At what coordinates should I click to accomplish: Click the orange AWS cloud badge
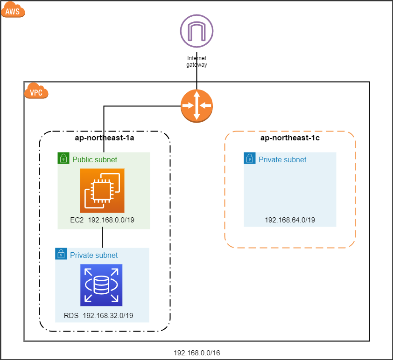[x=13, y=9]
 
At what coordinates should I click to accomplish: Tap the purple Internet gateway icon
[x=197, y=31]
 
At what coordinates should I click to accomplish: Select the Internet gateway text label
[x=197, y=62]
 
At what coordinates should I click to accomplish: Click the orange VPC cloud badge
[x=36, y=90]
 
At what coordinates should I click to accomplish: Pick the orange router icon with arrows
[x=197, y=106]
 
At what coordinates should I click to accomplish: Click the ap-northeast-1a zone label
[x=105, y=138]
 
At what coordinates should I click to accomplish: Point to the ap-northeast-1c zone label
[x=290, y=138]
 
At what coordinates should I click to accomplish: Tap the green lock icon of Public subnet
[x=63, y=158]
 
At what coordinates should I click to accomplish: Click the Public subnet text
[x=95, y=159]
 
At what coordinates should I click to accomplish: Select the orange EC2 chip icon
[x=102, y=191]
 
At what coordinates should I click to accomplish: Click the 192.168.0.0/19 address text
[x=111, y=220]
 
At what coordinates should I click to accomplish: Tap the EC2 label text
[x=77, y=220]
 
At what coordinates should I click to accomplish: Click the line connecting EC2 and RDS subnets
[x=102, y=237]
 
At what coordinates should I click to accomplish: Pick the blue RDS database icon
[x=101, y=285]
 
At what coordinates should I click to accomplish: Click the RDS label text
[x=71, y=315]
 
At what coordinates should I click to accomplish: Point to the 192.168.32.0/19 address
[x=108, y=315]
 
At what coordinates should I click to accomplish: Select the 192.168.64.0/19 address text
[x=290, y=220]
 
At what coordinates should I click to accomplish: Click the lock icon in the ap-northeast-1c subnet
[x=250, y=158]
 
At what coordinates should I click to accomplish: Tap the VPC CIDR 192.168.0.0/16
[x=197, y=353]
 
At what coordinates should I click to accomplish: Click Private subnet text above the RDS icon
[x=94, y=255]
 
